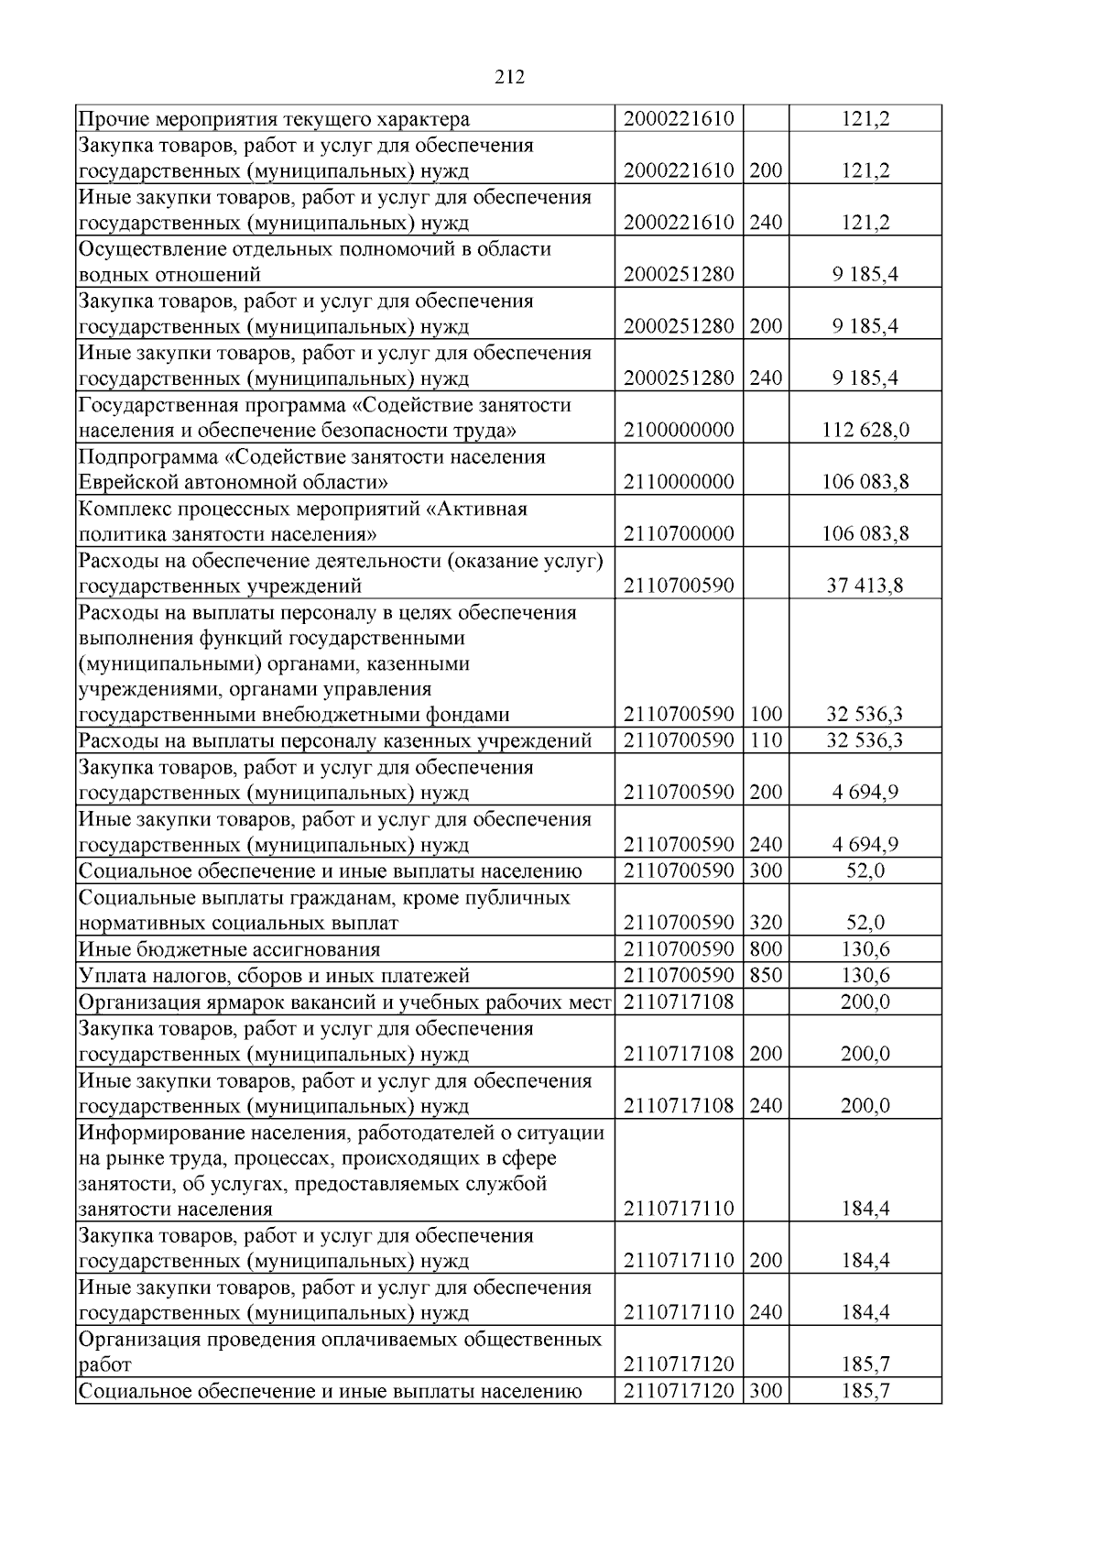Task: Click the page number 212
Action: pyautogui.click(x=509, y=78)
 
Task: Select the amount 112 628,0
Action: pyautogui.click(x=865, y=430)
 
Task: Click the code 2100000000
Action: pyautogui.click(x=679, y=430)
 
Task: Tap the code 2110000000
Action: pyautogui.click(x=679, y=482)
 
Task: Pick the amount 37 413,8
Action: pyautogui.click(x=865, y=586)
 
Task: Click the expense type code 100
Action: pyautogui.click(x=766, y=715)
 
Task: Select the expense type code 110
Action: pyautogui.click(x=766, y=740)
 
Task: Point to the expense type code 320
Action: pyautogui.click(x=766, y=923)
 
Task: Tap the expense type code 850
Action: pyautogui.click(x=766, y=975)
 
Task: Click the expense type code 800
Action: pyautogui.click(x=766, y=949)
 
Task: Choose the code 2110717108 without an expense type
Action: pyautogui.click(x=679, y=1002)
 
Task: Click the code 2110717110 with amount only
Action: pyautogui.click(x=679, y=1209)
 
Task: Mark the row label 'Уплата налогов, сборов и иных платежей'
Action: pyautogui.click(x=274, y=975)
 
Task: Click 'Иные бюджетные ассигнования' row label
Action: pyautogui.click(x=229, y=949)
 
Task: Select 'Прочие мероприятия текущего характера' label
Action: pyautogui.click(x=274, y=119)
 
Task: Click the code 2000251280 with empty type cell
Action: pyautogui.click(x=679, y=275)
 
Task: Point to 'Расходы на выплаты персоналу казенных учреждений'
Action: pyautogui.click(x=335, y=740)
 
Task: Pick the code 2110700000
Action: pyautogui.click(x=679, y=533)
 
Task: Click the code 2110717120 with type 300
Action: pyautogui.click(x=679, y=1391)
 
